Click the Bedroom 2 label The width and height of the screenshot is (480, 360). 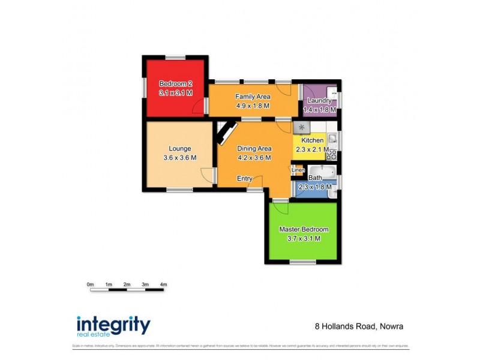coord(175,83)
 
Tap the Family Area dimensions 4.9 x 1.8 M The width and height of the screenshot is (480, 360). coord(253,106)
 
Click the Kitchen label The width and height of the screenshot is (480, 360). coord(312,140)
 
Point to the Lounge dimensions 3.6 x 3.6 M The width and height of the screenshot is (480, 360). coord(179,158)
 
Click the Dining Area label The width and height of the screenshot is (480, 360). coord(254,149)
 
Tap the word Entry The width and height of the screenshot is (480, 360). coord(244,178)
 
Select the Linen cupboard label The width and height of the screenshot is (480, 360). coord(298,170)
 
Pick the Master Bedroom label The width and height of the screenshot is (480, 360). coord(304,229)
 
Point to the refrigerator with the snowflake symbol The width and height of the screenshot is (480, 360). coord(301,128)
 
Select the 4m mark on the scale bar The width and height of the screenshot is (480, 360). coord(163,284)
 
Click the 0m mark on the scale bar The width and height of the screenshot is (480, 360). coord(90,284)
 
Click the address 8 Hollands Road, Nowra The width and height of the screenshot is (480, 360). coord(359,327)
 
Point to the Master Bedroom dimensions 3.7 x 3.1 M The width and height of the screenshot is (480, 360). coord(304,238)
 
